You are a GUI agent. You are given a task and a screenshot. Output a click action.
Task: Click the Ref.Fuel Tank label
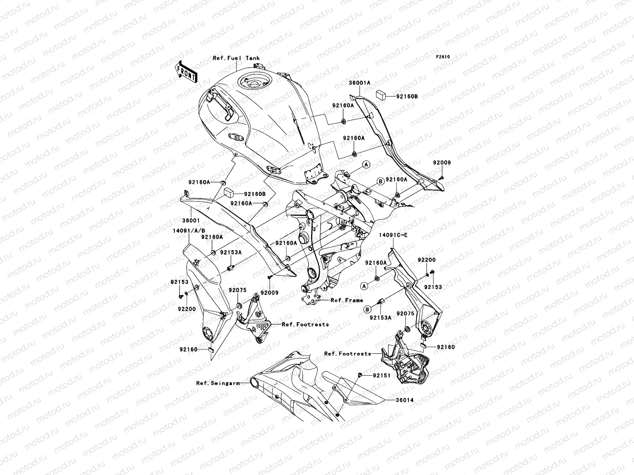pyautogui.click(x=236, y=58)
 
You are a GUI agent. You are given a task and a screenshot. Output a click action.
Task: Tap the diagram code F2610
pyautogui.click(x=443, y=57)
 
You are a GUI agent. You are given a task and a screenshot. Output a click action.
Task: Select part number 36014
pyautogui.click(x=404, y=400)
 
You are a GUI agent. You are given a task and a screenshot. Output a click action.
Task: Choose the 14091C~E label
pyautogui.click(x=393, y=235)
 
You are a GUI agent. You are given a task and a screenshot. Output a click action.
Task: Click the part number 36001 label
pyautogui.click(x=191, y=220)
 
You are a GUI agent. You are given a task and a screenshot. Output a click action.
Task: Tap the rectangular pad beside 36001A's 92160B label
pyautogui.click(x=382, y=94)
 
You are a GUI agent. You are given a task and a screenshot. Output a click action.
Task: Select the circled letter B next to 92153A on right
pyautogui.click(x=367, y=309)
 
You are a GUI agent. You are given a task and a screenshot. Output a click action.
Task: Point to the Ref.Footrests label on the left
pyautogui.click(x=305, y=325)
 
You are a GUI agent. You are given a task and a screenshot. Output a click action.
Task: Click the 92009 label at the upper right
pyautogui.click(x=441, y=163)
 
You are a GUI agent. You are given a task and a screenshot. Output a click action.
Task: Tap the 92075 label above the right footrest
pyautogui.click(x=405, y=313)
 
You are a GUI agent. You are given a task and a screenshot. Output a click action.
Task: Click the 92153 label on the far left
pyautogui.click(x=180, y=282)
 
